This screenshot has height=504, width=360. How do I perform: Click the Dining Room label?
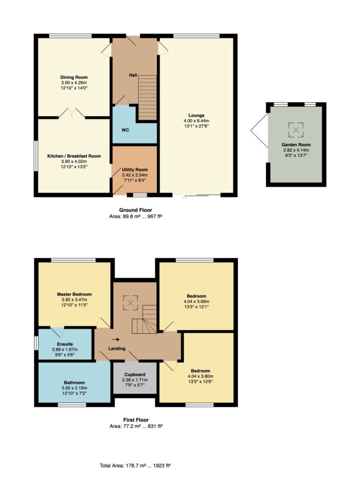click(74, 77)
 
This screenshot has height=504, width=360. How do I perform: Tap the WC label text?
click(125, 130)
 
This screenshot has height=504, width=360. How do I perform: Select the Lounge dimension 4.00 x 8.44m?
click(196, 121)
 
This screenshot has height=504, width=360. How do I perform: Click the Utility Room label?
click(135, 170)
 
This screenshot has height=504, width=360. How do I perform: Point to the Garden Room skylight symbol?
click(296, 130)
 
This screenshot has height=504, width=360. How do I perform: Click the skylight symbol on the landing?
click(130, 303)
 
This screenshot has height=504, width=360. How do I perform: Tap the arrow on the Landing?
click(116, 339)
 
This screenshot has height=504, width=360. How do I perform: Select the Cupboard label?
click(135, 374)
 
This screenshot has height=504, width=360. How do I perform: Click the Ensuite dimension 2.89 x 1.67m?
click(65, 349)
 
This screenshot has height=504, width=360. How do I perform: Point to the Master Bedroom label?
click(74, 294)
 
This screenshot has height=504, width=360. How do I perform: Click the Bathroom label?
click(74, 383)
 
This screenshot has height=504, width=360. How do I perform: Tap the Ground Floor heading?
click(136, 210)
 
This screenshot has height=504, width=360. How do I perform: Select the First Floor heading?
click(136, 420)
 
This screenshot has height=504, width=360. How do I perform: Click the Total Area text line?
click(135, 465)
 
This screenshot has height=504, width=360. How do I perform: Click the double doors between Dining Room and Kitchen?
click(72, 113)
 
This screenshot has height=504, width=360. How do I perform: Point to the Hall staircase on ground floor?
click(148, 98)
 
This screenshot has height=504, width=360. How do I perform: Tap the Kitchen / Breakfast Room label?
click(74, 156)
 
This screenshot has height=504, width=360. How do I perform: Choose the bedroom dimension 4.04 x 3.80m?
click(200, 376)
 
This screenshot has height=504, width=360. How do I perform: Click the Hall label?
click(133, 75)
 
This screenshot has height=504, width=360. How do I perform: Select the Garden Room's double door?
click(260, 131)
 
